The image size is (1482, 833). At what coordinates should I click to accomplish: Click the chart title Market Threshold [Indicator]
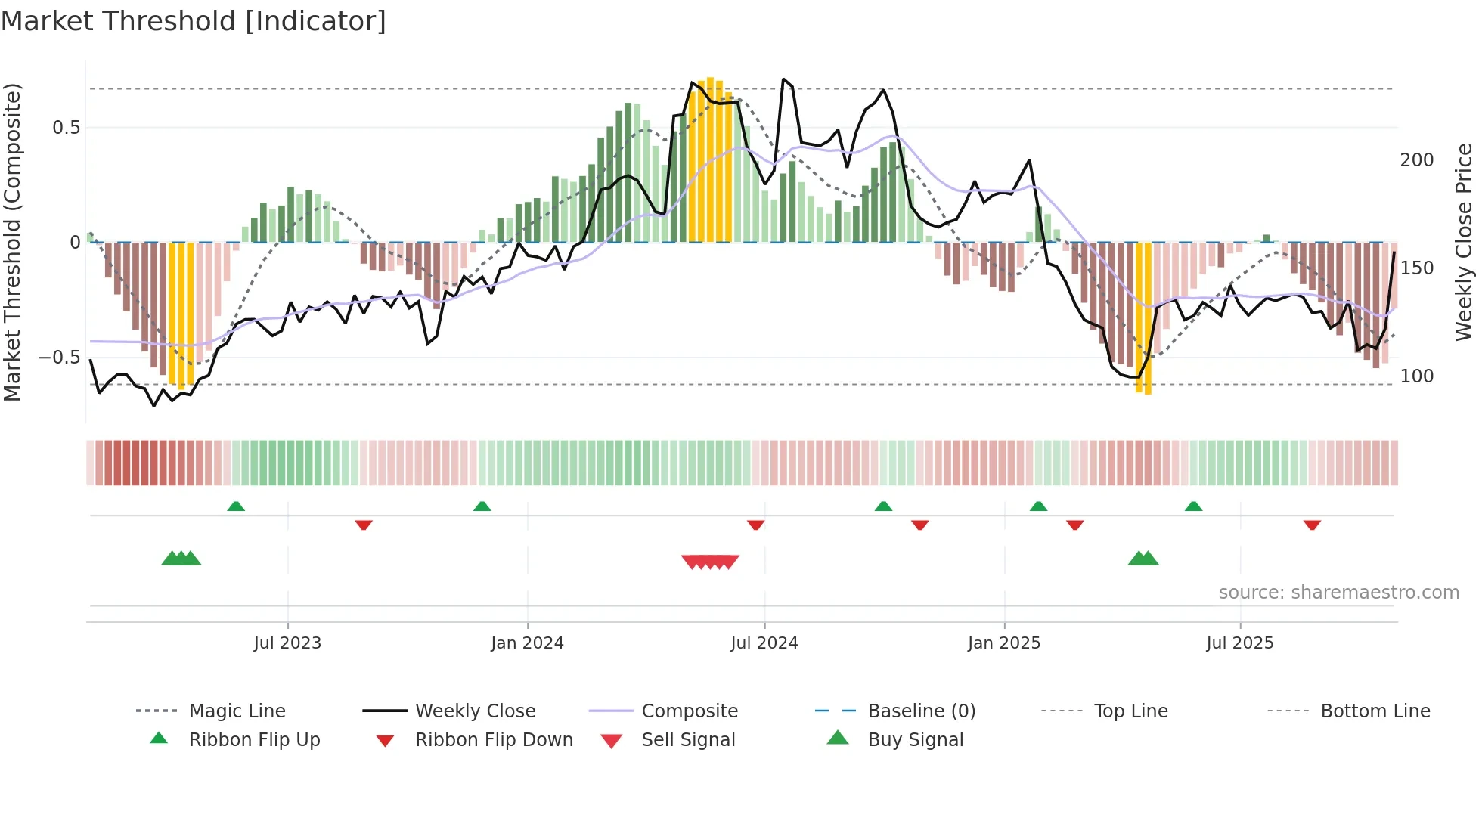coord(194,21)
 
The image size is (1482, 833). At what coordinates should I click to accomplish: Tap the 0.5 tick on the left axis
coord(67,128)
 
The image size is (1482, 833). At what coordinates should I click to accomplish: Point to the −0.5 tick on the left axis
coord(60,358)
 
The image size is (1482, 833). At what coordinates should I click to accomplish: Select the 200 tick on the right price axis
coord(1416,160)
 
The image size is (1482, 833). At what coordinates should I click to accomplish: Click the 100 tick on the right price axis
coord(1416,376)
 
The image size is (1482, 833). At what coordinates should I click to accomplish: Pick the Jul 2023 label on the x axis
coord(287,643)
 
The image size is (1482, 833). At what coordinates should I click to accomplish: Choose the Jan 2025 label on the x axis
coord(1004,643)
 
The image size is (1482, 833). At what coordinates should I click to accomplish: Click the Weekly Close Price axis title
coord(1464,242)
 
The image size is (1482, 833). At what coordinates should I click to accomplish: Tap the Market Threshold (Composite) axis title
coord(12,242)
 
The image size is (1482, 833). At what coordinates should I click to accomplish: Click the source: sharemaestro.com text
coord(1338,593)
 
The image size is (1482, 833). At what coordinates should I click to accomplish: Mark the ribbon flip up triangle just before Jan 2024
coord(482,506)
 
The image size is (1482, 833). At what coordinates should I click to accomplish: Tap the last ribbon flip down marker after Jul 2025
coord(1312,525)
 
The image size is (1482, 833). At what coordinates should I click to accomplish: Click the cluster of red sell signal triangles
coord(709,562)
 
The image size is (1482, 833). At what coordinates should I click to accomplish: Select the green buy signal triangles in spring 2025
coord(1143,559)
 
